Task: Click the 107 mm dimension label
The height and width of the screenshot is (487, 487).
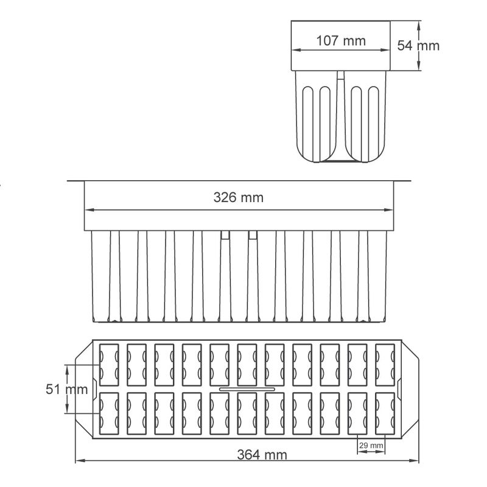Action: [341, 41]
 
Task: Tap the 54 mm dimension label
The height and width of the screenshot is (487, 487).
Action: [418, 46]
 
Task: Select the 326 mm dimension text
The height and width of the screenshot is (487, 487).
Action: [239, 197]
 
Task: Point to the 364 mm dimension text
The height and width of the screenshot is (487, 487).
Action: [262, 455]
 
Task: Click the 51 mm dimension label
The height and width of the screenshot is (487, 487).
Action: [67, 389]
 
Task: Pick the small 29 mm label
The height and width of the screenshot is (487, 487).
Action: [371, 446]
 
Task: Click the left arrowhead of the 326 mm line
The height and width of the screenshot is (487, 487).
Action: [89, 210]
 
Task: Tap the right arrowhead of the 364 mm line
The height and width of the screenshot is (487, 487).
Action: [414, 461]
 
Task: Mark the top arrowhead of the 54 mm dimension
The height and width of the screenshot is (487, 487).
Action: [419, 26]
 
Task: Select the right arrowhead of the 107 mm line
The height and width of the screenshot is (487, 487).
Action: [385, 50]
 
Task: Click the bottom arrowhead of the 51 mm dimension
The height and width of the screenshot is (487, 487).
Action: [67, 408]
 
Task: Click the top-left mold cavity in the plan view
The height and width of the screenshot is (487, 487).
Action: [109, 365]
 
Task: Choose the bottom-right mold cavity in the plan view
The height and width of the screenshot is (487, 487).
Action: [385, 413]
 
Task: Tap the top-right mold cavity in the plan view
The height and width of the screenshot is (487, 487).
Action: [385, 365]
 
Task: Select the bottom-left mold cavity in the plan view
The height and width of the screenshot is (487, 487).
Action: [109, 413]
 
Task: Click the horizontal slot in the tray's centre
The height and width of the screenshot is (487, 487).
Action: [247, 389]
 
